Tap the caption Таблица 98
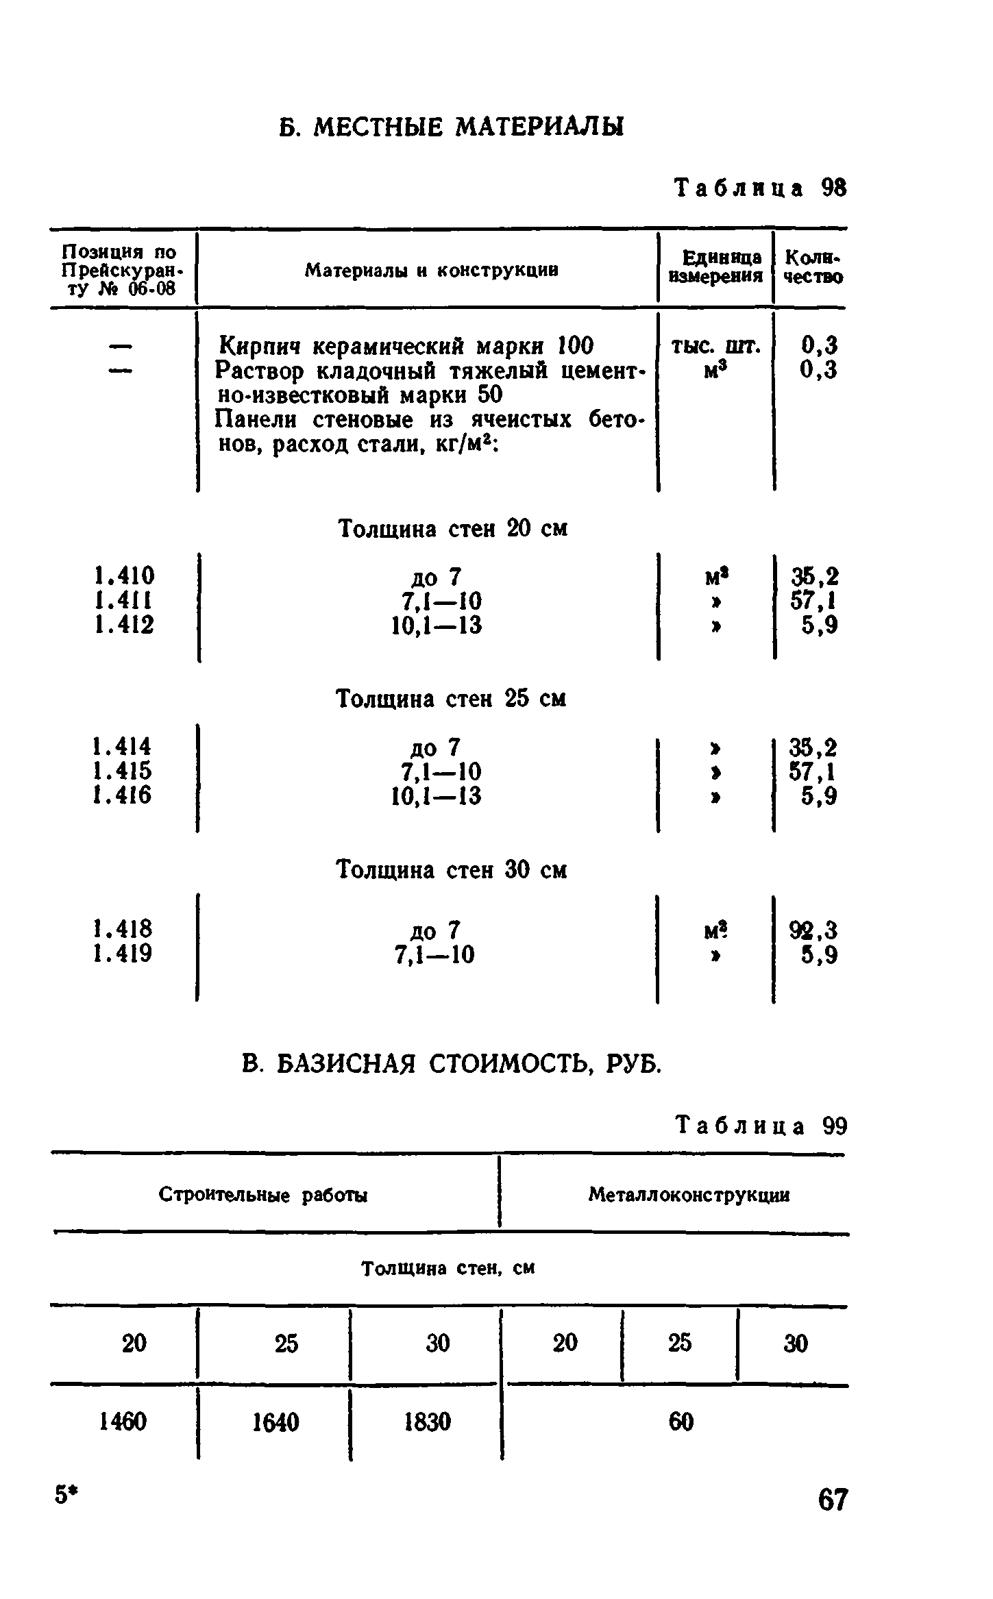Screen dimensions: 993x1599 tap(761, 188)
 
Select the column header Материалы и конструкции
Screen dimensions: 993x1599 tap(431, 271)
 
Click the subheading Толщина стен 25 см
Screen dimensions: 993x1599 tap(452, 699)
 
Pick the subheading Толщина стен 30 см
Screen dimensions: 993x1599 tap(452, 871)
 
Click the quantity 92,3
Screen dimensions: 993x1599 tap(813, 930)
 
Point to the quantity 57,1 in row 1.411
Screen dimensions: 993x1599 tap(813, 601)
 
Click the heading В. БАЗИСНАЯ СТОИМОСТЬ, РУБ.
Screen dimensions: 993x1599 tap(452, 1064)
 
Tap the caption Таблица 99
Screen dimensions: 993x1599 tap(761, 1126)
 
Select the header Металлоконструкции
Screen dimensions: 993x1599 tap(689, 1195)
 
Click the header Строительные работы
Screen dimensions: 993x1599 tap(263, 1195)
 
